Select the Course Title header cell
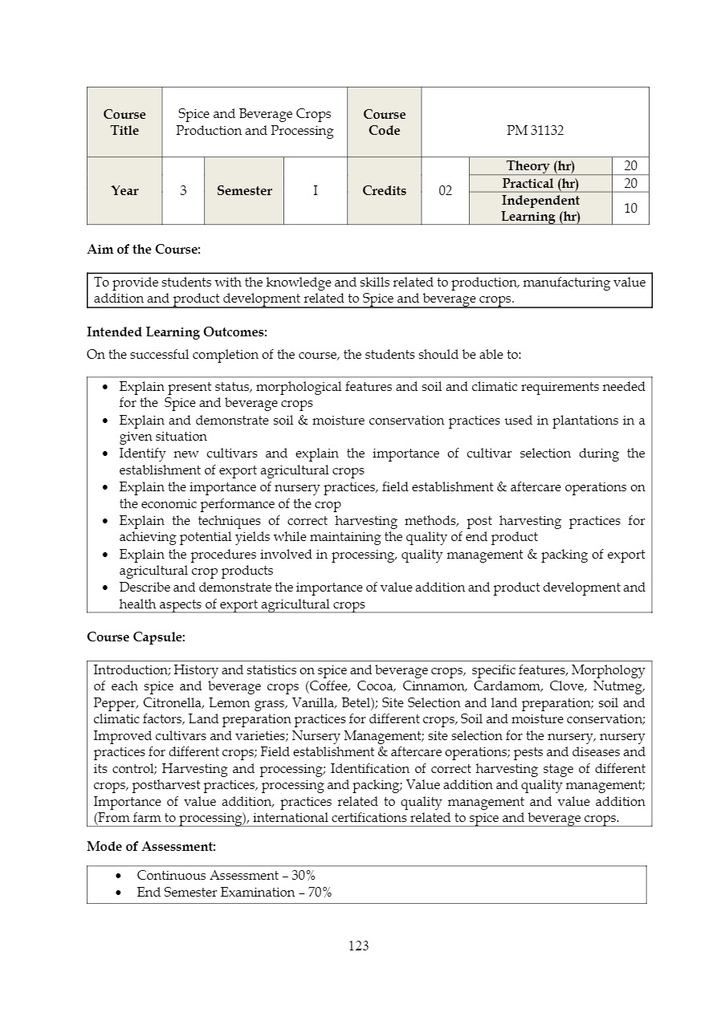point(124,122)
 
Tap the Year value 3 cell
point(183,191)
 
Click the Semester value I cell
point(315,191)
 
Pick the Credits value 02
point(445,191)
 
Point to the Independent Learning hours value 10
point(630,208)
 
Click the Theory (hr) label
point(540,166)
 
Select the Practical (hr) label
point(540,184)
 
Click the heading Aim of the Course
point(143,250)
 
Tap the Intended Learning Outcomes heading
point(177,332)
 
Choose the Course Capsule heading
point(136,637)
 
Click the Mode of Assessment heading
point(151,846)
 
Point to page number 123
point(359,946)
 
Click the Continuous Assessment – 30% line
point(226,876)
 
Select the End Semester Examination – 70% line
point(234,893)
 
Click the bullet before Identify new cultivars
point(107,454)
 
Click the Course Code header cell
point(384,122)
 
